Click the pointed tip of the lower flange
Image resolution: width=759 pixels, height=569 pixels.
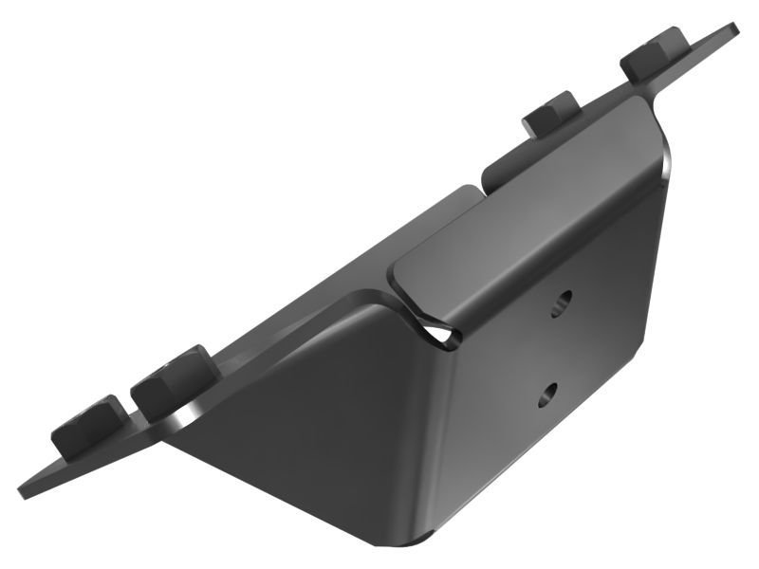(23, 491)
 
